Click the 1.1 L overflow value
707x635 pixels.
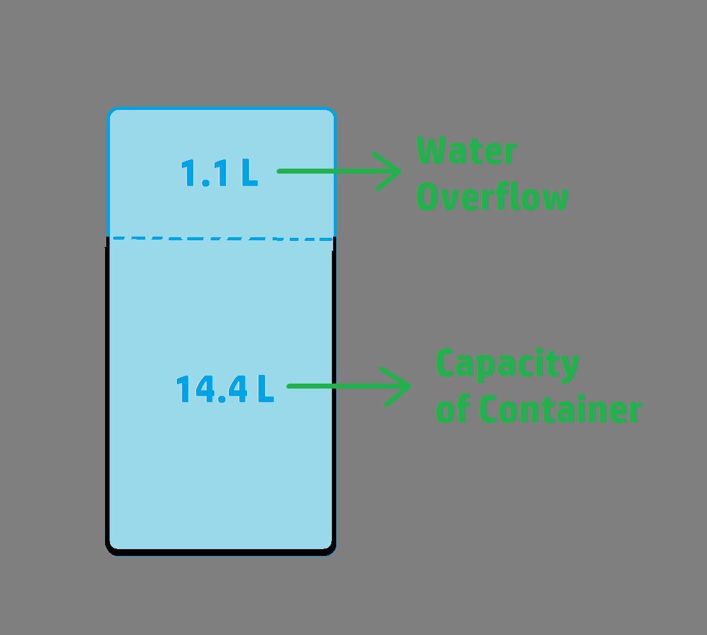pyautogui.click(x=219, y=173)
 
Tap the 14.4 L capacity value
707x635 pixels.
pyautogui.click(x=224, y=389)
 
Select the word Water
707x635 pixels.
pyautogui.click(x=467, y=152)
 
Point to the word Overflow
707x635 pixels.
pyautogui.click(x=492, y=197)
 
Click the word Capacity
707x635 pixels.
pyautogui.click(x=507, y=364)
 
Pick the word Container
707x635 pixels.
pyautogui.click(x=560, y=410)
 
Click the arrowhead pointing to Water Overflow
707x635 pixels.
pyautogui.click(x=392, y=171)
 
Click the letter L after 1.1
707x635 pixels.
pyautogui.click(x=249, y=173)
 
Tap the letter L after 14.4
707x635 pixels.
pyautogui.click(x=265, y=389)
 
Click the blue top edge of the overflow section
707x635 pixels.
pyautogui.click(x=221, y=109)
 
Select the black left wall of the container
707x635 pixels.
pyautogui.click(x=108, y=395)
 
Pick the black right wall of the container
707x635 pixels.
pyautogui.click(x=334, y=395)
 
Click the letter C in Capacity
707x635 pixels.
pyautogui.click(x=445, y=364)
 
